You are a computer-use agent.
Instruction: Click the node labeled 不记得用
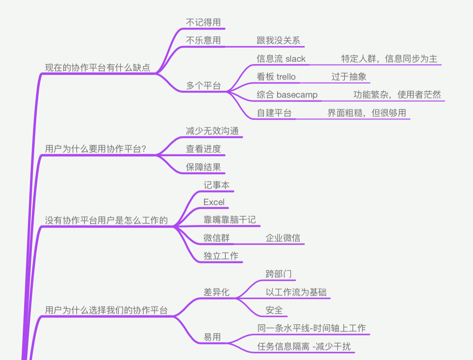203,22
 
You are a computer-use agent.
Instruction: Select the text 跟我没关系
278,40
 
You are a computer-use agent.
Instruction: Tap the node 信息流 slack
281,59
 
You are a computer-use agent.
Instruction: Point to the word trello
286,77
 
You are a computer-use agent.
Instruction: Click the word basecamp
297,95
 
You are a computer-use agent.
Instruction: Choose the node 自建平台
274,113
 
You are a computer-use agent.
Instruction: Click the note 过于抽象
349,77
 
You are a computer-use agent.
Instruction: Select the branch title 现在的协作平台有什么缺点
98,68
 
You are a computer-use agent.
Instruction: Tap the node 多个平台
203,86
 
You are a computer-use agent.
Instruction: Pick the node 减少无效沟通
212,131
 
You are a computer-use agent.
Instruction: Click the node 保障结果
203,167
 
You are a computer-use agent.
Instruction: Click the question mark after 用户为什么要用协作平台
144,149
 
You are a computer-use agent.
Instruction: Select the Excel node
214,202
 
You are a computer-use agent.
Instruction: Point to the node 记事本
216,185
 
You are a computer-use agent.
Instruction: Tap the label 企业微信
283,238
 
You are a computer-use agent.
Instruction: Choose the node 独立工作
221,256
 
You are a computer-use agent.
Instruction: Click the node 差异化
216,292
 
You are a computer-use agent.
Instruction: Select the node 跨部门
279,274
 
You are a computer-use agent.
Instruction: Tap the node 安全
274,310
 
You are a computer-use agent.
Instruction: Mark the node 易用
212,337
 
